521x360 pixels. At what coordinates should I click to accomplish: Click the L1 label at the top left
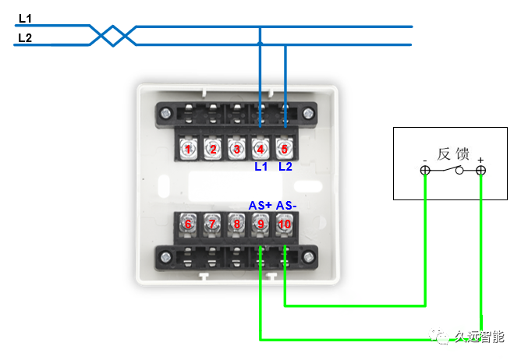coord(24,17)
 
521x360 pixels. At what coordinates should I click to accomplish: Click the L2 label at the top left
coord(24,37)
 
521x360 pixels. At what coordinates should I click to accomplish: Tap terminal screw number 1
coord(188,148)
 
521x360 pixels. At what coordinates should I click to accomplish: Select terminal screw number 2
coord(212,148)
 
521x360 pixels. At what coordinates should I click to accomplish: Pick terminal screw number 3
coord(236,148)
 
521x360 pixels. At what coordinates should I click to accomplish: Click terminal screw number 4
coord(260,148)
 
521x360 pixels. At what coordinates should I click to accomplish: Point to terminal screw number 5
coord(285,148)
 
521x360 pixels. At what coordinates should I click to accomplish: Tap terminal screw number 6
coord(188,224)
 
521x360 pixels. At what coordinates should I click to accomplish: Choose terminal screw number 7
coord(212,224)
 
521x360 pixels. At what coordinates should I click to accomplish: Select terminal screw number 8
coord(236,224)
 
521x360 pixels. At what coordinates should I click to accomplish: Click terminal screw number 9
coord(260,224)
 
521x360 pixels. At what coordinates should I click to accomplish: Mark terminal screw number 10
coord(285,224)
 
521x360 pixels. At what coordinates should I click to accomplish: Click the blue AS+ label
coord(260,205)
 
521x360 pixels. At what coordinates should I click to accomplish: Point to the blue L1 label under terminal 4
coord(260,167)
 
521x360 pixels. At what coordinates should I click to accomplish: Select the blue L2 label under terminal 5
coord(285,167)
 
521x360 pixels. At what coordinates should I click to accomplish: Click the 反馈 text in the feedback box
coord(454,154)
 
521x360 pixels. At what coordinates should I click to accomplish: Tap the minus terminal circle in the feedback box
coord(425,171)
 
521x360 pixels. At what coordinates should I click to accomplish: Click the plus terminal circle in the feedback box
coord(481,171)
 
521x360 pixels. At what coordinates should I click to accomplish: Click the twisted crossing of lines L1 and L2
coord(114,35)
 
